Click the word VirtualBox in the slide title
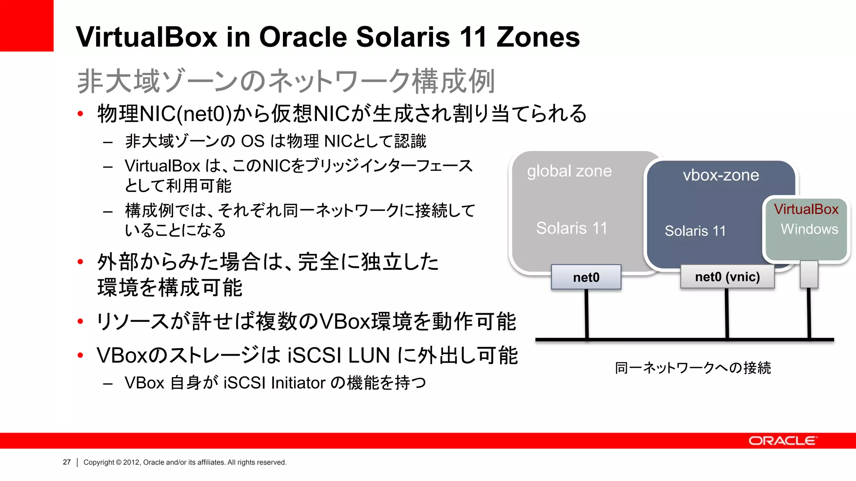(146, 37)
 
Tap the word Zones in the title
(538, 37)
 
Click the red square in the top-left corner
(26, 25)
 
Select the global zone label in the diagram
(569, 171)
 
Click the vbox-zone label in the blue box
(721, 175)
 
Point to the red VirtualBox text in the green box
(806, 209)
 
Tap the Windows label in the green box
(809, 229)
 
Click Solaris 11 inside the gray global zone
(571, 228)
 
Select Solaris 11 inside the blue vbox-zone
(695, 231)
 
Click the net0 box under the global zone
(586, 277)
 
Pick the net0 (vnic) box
(727, 277)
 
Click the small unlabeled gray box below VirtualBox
(809, 274)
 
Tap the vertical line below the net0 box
(587, 313)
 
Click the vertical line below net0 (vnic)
(727, 313)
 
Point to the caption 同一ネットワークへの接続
(693, 368)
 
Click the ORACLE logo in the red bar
(782, 441)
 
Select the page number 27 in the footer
(67, 462)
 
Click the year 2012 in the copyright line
(131, 462)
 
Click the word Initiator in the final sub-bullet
(298, 382)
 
